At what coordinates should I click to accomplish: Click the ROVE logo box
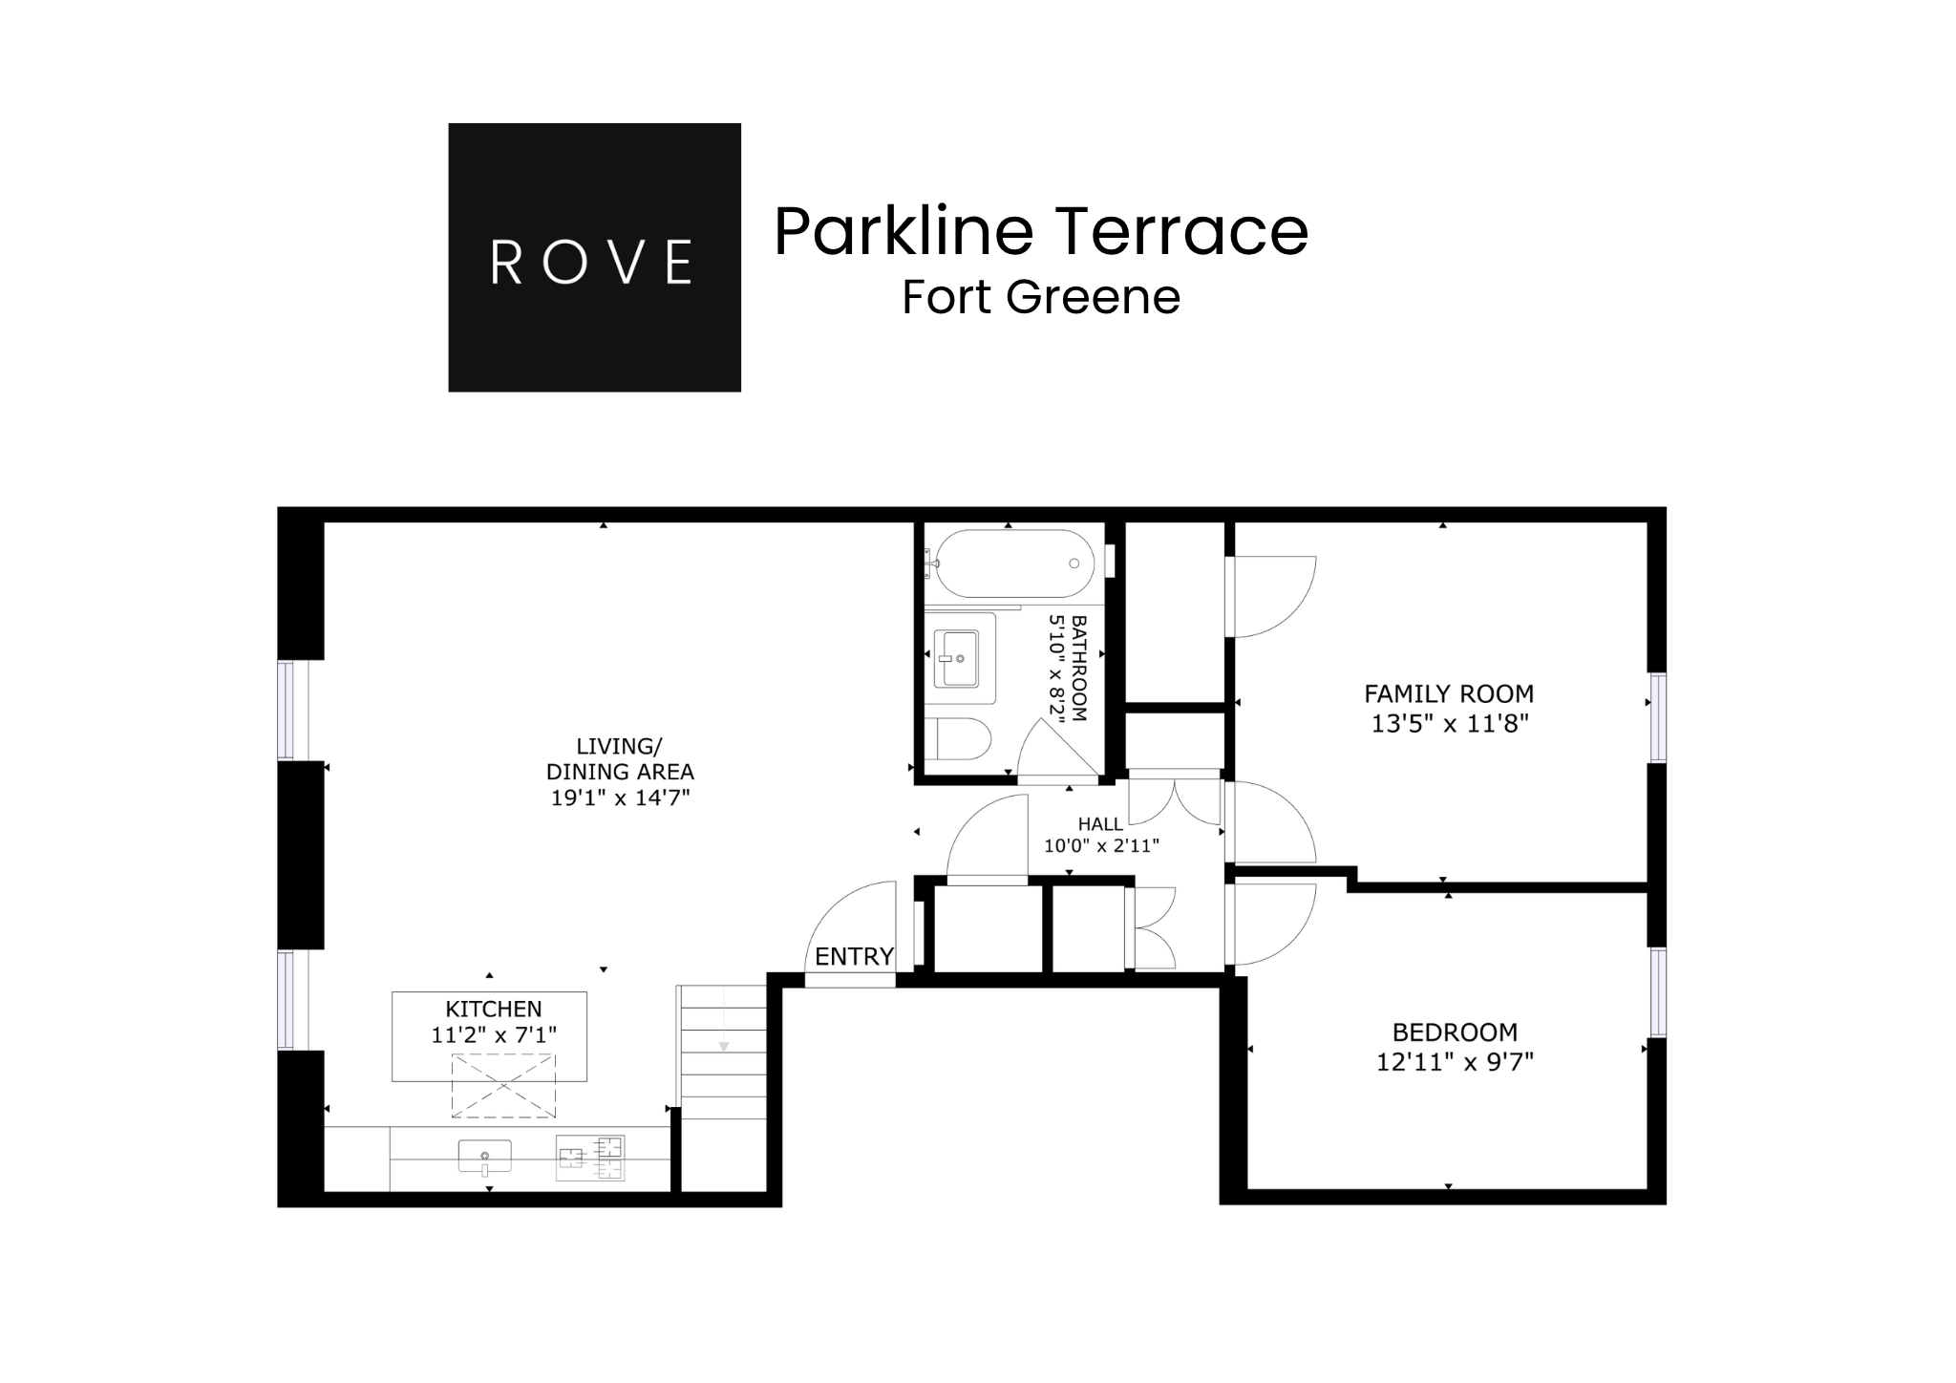[594, 257]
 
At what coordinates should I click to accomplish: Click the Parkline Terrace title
[1040, 232]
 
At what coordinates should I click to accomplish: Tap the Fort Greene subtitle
[1041, 297]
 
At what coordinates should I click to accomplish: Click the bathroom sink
[956, 658]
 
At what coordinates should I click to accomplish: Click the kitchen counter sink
[484, 1157]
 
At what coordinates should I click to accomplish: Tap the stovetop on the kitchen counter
[590, 1158]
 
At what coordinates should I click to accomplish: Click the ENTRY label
[854, 956]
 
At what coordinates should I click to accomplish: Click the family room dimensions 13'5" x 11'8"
[1450, 724]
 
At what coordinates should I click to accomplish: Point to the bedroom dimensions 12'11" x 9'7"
[1455, 1062]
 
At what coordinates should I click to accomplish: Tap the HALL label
[1100, 824]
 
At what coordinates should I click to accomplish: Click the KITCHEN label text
[493, 1009]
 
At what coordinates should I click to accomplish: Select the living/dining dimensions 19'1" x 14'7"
[620, 798]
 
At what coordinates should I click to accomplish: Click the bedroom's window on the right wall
[1658, 992]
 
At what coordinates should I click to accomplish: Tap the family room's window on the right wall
[1658, 717]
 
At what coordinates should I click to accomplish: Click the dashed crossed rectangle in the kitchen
[503, 1085]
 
